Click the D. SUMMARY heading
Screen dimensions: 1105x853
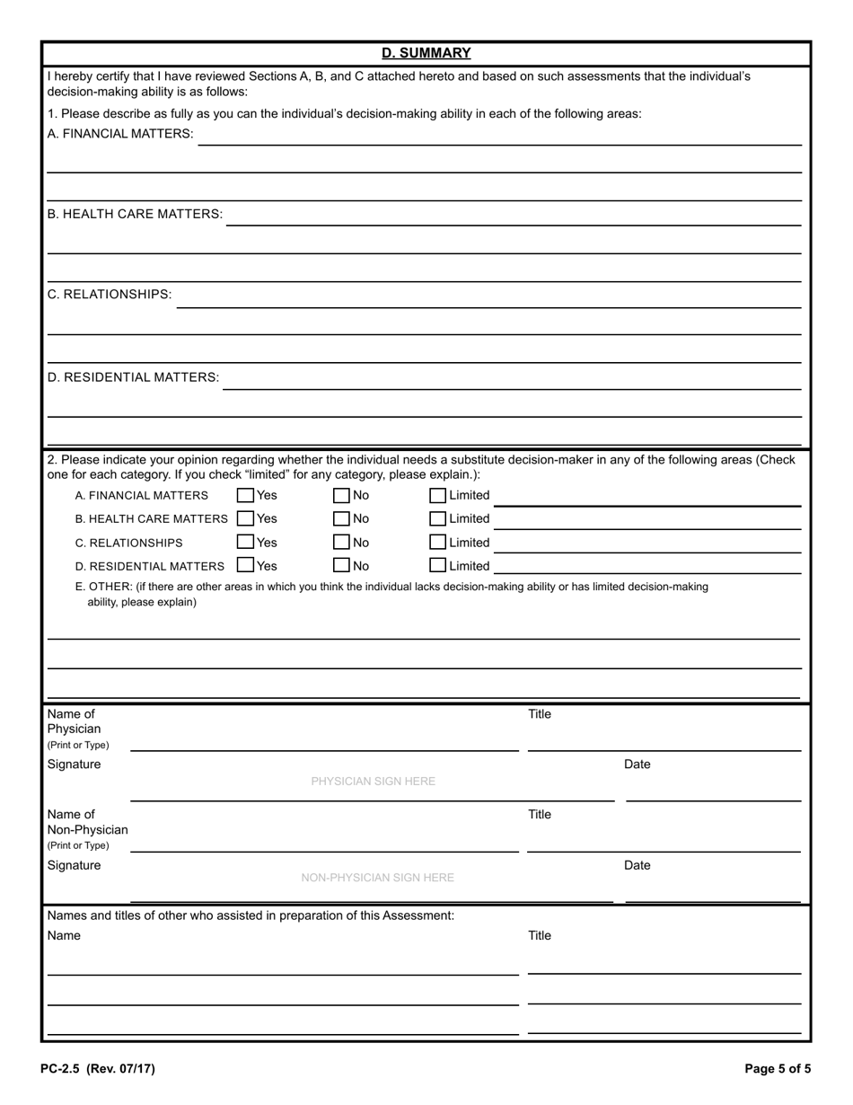coord(426,53)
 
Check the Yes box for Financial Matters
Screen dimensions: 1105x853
coord(245,495)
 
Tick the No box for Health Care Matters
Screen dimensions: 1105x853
coord(341,518)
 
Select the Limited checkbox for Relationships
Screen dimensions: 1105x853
coord(437,543)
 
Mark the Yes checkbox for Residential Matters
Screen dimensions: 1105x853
coord(245,566)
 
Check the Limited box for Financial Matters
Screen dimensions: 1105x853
coord(437,495)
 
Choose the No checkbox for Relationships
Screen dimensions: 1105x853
coord(341,543)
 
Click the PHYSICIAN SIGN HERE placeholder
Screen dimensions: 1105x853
coord(373,782)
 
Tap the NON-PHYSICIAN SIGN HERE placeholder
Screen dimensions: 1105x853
coord(377,878)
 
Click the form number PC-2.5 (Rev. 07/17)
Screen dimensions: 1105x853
coord(97,1069)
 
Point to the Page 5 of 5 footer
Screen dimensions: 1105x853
coord(778,1069)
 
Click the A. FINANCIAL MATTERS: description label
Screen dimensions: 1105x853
coord(119,134)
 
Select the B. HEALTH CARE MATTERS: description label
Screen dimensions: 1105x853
coord(135,214)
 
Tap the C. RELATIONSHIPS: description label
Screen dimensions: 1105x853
coord(109,295)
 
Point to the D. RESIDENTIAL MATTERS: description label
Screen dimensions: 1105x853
coord(133,377)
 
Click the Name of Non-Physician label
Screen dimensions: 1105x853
coord(87,822)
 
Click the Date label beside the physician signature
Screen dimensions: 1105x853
coord(637,765)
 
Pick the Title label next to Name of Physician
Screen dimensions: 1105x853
coord(539,714)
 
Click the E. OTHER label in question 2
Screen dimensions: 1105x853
coord(103,587)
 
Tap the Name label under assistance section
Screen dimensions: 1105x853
coord(64,936)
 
